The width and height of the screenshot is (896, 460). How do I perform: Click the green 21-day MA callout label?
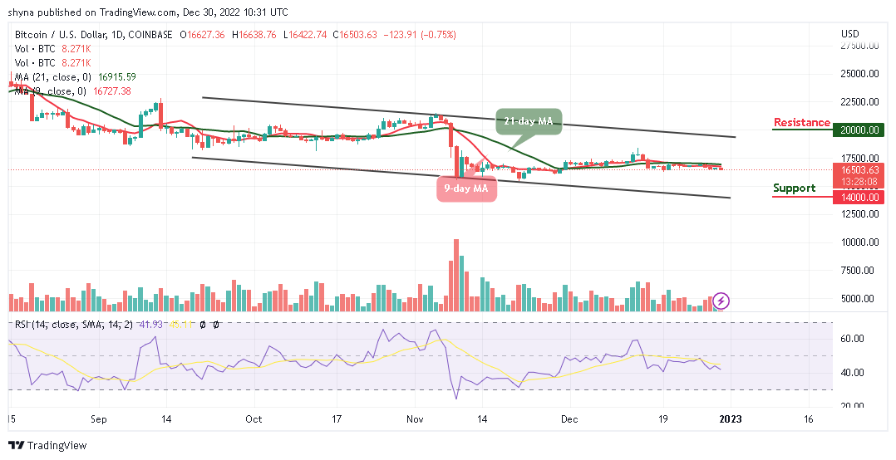(x=529, y=121)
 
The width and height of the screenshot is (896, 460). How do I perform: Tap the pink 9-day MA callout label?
(x=467, y=188)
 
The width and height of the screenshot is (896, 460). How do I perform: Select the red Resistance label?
(x=801, y=123)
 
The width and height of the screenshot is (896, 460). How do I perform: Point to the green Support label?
(x=794, y=188)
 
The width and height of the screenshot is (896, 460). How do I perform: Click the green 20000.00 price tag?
(x=859, y=130)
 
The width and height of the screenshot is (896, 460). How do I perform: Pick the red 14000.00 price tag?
(x=859, y=197)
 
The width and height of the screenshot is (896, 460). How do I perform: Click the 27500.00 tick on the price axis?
(x=859, y=46)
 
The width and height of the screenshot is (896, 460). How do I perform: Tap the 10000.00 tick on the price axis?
(x=859, y=242)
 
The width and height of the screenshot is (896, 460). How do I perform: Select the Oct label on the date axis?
(x=254, y=419)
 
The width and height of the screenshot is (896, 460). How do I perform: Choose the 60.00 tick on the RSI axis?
(x=851, y=339)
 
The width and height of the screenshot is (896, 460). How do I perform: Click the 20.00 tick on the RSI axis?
(x=851, y=405)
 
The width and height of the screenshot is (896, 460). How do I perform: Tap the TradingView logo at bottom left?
(x=47, y=445)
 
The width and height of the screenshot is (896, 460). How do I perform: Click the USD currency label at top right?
(x=849, y=34)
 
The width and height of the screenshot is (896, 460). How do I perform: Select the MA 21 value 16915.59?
(x=116, y=76)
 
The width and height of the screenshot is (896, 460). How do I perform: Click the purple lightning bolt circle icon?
(x=721, y=300)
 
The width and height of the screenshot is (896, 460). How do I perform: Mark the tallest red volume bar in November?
(x=456, y=275)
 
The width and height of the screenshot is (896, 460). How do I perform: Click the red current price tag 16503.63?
(x=859, y=169)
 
